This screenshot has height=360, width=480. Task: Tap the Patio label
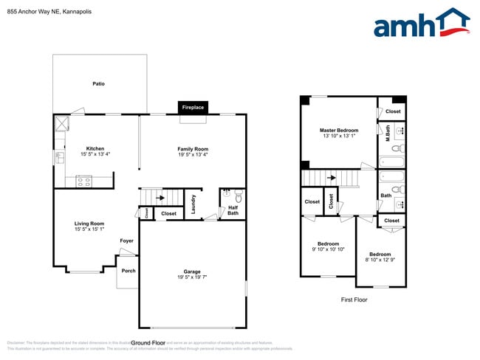98,83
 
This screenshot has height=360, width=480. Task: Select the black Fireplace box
193,108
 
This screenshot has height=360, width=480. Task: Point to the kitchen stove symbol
83,179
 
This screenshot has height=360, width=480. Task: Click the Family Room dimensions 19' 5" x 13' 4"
193,155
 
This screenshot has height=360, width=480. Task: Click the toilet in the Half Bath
239,197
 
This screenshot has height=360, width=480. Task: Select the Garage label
192,271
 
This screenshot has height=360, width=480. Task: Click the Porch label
128,270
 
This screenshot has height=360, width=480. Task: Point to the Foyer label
127,240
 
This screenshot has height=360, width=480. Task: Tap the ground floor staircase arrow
160,198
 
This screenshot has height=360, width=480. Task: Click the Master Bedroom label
339,130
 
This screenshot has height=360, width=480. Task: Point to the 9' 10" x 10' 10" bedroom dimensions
328,249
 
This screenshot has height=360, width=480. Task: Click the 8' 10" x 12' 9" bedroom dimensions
380,260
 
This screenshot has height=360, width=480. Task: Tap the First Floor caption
354,300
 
